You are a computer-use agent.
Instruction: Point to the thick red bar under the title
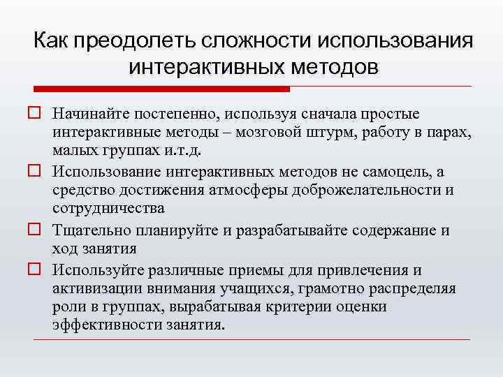click(161, 89)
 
